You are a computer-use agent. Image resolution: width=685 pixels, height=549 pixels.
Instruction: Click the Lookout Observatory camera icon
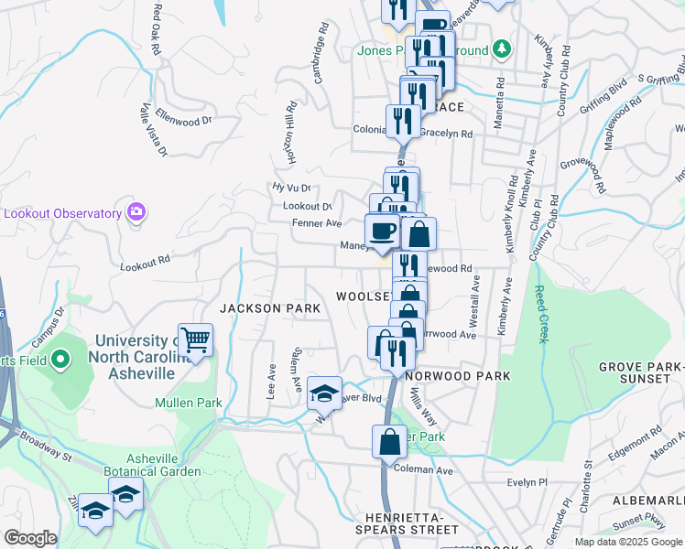pos(136,212)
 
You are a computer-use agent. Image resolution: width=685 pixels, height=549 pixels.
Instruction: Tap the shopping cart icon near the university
pos(195,340)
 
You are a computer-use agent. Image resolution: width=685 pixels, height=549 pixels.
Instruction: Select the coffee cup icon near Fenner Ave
pos(381,231)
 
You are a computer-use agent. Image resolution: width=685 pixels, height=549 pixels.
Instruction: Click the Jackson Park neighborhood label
pos(269,308)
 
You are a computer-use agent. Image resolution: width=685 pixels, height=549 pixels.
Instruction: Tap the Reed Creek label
pos(541,314)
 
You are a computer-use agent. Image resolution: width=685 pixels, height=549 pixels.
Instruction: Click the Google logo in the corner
pos(30,538)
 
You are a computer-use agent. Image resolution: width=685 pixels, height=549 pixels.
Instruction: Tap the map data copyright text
pos(627,542)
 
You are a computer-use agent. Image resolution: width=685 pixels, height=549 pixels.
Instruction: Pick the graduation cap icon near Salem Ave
pos(324,393)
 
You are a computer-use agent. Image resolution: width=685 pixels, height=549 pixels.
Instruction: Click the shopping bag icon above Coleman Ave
pos(389,441)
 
